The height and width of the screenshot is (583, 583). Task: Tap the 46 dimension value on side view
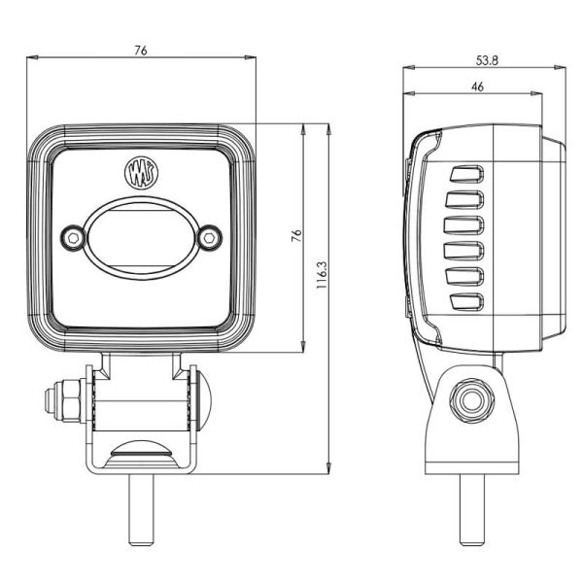[x=477, y=86]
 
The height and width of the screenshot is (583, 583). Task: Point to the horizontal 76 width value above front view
[x=142, y=51]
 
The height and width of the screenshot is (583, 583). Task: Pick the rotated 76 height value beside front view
[x=296, y=236]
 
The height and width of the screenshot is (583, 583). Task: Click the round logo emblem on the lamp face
[x=137, y=173]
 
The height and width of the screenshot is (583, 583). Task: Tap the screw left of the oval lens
[x=72, y=237]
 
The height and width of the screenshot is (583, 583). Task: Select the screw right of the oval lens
[x=207, y=237]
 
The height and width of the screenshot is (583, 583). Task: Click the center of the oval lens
[x=140, y=237]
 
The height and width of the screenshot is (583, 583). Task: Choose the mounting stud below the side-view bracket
[x=472, y=509]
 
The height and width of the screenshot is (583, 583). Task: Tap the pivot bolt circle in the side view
[x=472, y=400]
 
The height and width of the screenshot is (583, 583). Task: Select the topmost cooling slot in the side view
[x=464, y=175]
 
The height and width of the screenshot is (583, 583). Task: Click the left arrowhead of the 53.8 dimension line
[x=406, y=68]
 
